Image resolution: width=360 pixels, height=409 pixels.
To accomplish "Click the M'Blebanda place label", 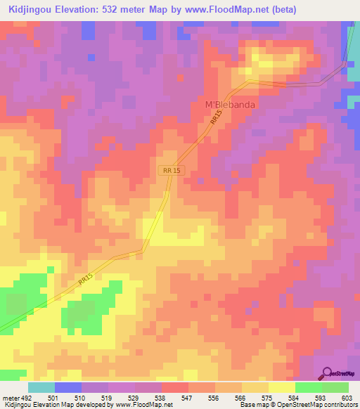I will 229,105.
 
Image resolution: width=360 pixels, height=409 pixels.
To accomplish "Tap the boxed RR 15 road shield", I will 171,170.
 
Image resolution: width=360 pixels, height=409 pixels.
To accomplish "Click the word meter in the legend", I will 11,397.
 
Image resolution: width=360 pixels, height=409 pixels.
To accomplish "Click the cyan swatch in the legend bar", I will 41,387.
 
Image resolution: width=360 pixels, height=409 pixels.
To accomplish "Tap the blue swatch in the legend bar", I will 68,387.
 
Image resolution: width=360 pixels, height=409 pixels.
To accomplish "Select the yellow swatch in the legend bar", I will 282,387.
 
